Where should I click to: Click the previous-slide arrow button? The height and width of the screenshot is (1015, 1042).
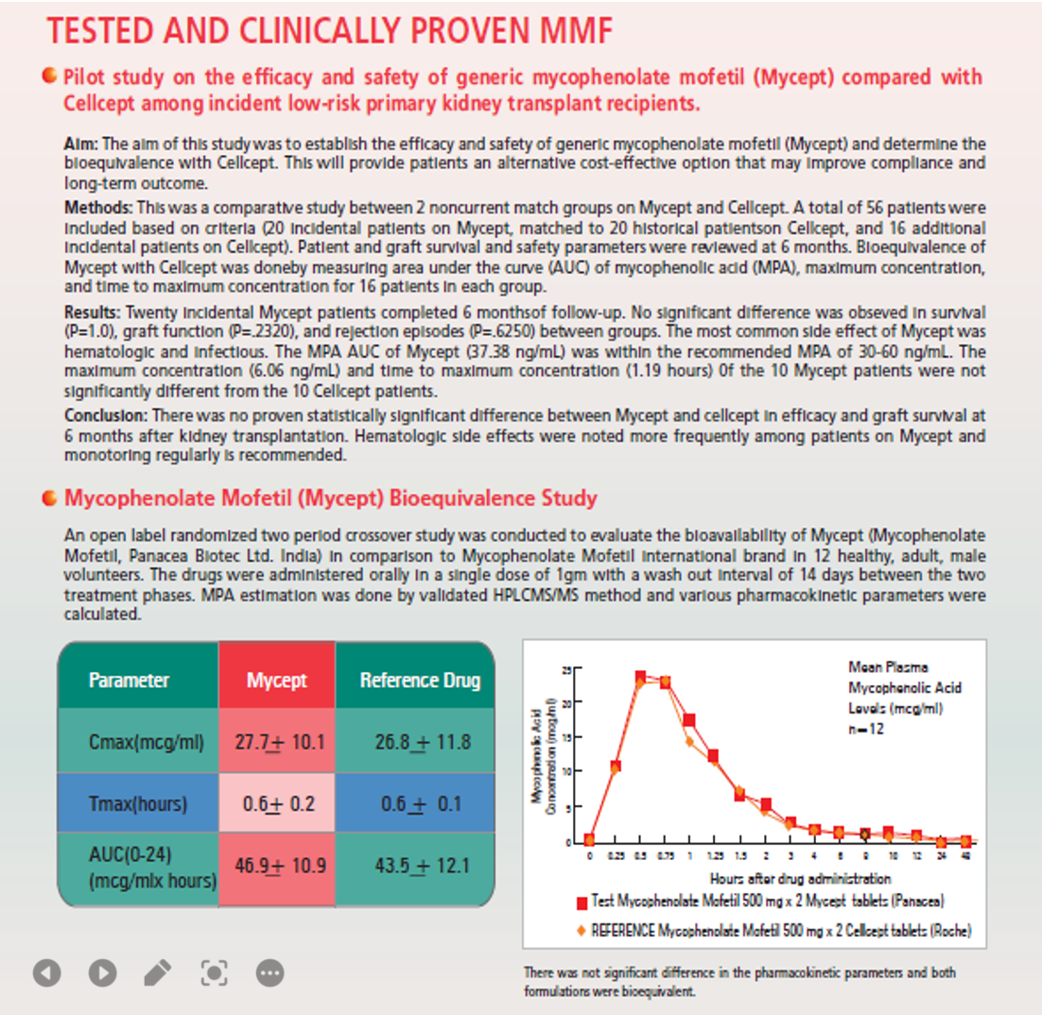click(x=47, y=972)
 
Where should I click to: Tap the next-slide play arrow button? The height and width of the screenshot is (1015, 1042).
click(x=102, y=972)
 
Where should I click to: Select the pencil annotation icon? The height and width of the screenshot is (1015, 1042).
click(x=158, y=972)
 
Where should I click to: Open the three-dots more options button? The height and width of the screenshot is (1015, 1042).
click(x=269, y=972)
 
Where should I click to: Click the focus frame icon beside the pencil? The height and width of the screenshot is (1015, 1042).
click(x=214, y=972)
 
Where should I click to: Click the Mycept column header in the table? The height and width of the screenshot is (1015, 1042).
click(x=277, y=680)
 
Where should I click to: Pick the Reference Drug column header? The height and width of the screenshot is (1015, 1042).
click(x=420, y=680)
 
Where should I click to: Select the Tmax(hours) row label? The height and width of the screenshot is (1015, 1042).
click(x=138, y=804)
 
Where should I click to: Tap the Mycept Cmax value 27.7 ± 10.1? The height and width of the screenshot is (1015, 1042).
click(x=278, y=741)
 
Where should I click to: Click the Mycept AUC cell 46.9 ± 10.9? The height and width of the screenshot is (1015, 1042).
click(x=278, y=865)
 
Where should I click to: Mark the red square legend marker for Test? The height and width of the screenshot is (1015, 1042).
click(x=582, y=903)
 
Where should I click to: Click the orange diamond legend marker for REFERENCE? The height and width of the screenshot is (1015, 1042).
click(x=582, y=929)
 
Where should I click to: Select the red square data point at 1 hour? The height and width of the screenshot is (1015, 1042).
click(x=689, y=721)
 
